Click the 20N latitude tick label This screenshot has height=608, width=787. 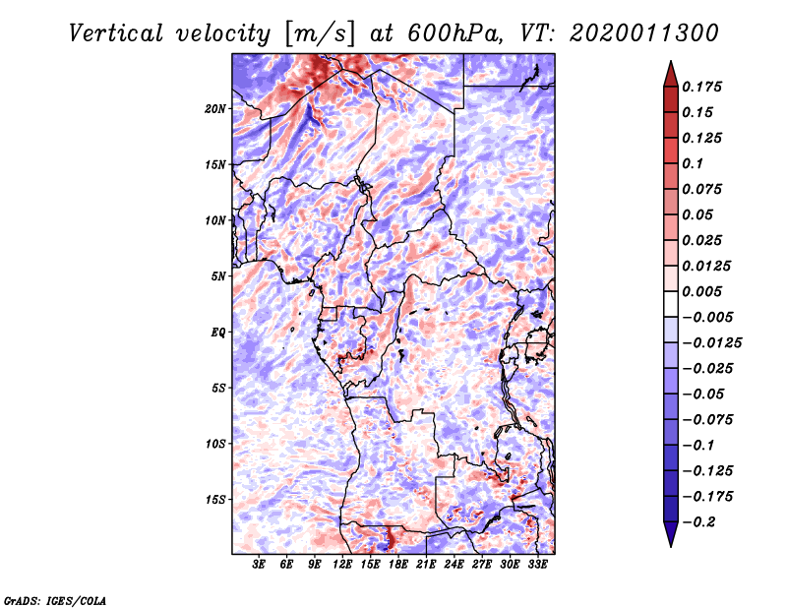point(216,108)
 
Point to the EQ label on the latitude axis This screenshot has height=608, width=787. point(218,333)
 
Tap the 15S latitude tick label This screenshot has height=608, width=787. point(216,500)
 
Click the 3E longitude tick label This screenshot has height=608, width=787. point(260,565)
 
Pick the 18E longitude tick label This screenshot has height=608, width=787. point(398,565)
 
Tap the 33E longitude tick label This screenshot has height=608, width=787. point(537,565)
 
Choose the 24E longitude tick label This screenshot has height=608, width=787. point(454,565)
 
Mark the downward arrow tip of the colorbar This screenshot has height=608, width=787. point(670,543)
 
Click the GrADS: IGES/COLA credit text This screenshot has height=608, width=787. point(54,599)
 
